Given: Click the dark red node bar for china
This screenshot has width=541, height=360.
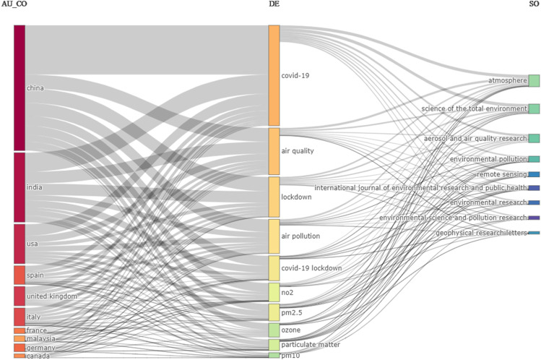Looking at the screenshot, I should pos(20,87).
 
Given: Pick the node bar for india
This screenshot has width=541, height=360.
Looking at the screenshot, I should pos(20,187).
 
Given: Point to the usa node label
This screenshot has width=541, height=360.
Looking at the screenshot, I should pos(33,244).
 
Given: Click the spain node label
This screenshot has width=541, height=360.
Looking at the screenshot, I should pos(35,275).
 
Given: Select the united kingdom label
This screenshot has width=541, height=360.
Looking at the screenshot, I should pos(51,296).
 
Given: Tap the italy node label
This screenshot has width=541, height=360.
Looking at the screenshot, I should pos(34,317).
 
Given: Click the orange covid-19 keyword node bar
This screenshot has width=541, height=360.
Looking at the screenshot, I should pos(274,75).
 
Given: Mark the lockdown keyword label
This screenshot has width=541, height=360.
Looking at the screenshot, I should pos(297,196).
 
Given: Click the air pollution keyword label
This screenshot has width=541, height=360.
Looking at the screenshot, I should pos(300,236).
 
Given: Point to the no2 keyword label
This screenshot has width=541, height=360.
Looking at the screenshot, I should pos(287,292).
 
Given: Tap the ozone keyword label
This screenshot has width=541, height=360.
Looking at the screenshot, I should pos(290,330).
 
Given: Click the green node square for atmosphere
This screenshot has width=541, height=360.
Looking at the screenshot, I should pos(534,80).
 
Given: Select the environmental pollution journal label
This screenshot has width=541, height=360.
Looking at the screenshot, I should pos(488,158).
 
